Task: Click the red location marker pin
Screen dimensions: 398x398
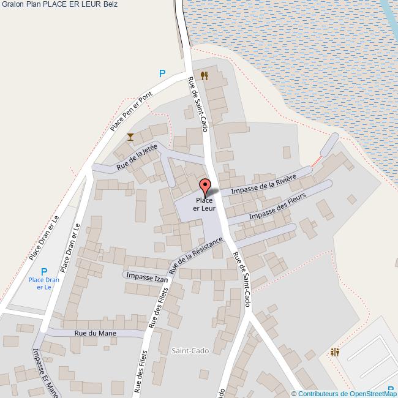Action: (205, 186)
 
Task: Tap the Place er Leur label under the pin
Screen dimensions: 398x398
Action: (205, 205)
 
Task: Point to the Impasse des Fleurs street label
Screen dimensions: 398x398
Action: (278, 209)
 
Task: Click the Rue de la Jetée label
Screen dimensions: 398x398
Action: (137, 157)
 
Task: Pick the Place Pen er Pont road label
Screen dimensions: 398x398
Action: (130, 113)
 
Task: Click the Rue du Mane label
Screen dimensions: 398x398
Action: (95, 332)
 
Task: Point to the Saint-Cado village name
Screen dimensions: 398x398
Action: (190, 350)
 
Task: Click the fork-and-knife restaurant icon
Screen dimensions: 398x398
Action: (205, 75)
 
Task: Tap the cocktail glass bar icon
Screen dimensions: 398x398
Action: (130, 137)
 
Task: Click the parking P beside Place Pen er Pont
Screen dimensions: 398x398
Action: (162, 73)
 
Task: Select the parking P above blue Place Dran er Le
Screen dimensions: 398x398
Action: (43, 271)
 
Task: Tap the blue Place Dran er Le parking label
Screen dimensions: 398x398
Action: (44, 283)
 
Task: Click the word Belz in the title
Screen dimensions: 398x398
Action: (111, 4)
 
